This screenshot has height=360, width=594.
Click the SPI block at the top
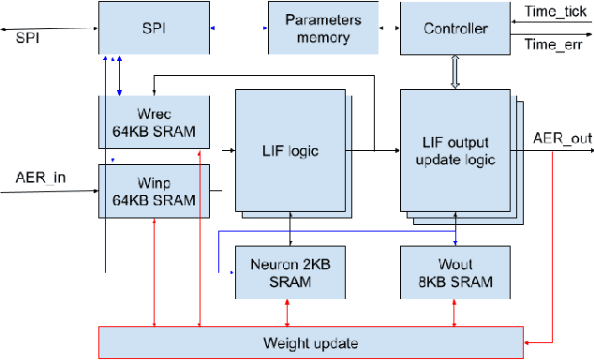[154, 29]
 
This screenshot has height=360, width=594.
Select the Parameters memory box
[323, 29]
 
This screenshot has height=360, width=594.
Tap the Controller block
[454, 29]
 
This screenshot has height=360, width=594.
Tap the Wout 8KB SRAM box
[454, 272]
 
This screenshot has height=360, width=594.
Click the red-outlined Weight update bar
[309, 342]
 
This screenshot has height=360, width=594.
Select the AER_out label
[562, 139]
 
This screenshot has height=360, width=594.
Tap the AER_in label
[40, 176]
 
